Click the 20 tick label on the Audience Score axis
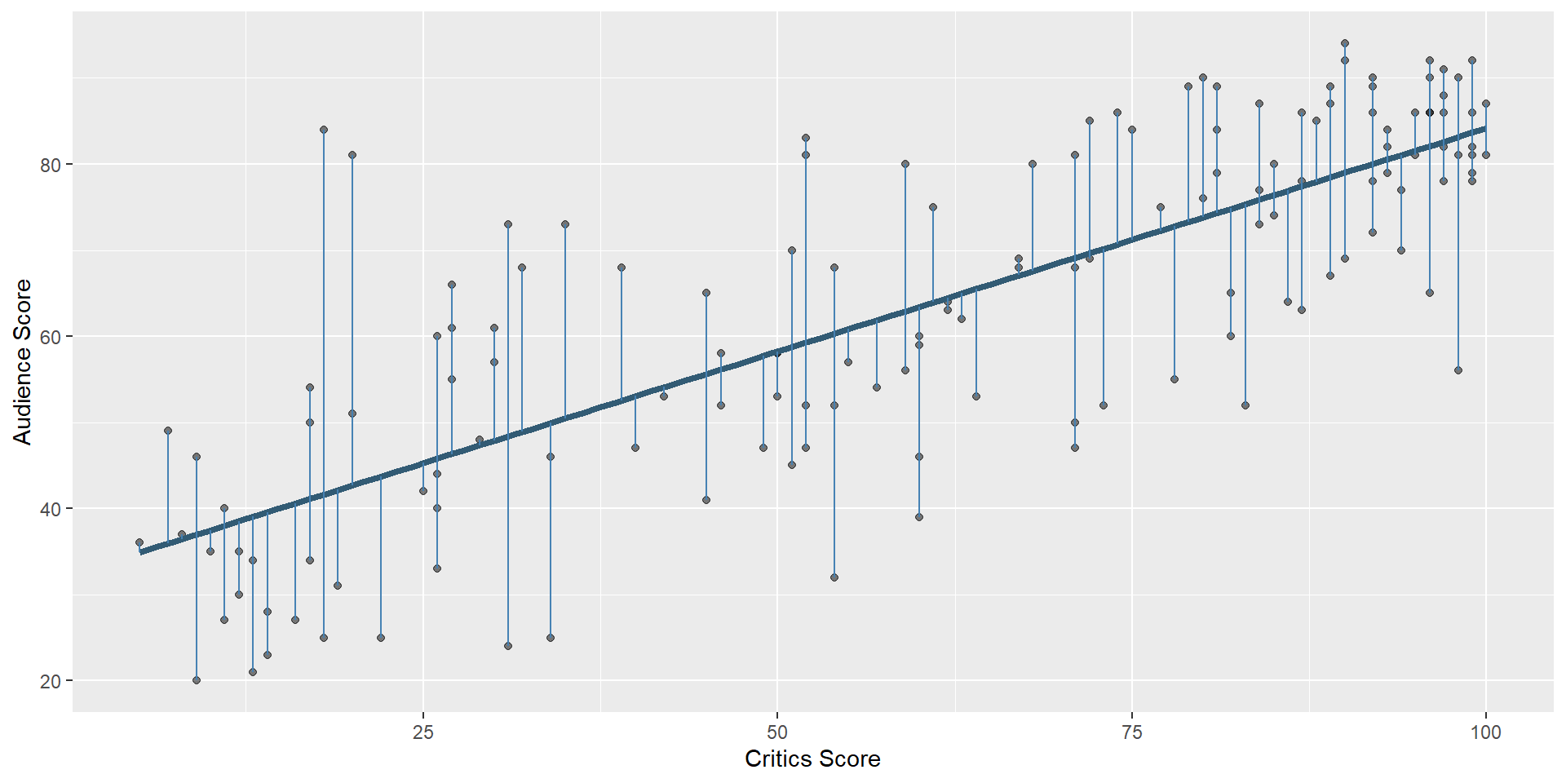point(51,681)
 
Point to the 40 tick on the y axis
point(51,509)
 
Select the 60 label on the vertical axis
point(51,337)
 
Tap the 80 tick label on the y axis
point(51,165)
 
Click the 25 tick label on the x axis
point(422,732)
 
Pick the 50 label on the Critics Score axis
point(777,732)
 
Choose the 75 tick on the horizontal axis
point(1132,732)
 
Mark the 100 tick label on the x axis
point(1485,732)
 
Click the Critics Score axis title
point(812,759)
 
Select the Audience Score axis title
point(22,361)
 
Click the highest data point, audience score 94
point(1345,43)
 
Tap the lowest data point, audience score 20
point(197,680)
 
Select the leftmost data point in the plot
point(139,542)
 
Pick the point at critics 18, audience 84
point(324,130)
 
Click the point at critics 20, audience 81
point(352,155)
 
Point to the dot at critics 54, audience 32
point(834,577)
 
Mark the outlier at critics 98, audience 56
point(1458,370)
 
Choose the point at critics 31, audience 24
point(508,646)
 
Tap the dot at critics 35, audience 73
point(565,224)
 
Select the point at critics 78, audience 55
point(1174,379)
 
